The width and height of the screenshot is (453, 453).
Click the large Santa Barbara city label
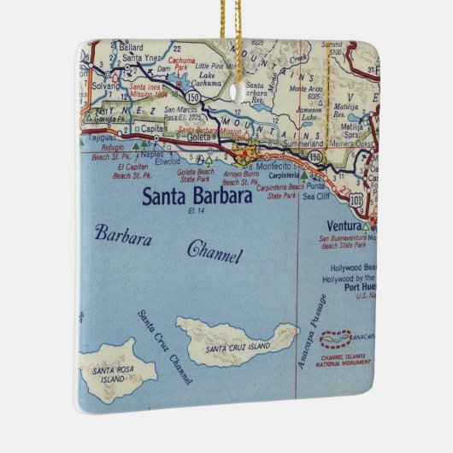click(x=196, y=197)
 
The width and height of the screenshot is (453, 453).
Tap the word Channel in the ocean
click(x=215, y=253)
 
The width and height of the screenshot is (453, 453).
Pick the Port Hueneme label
click(x=354, y=286)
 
